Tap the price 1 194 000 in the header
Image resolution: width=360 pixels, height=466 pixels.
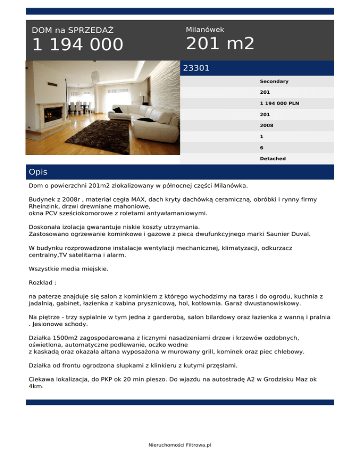click(77, 45)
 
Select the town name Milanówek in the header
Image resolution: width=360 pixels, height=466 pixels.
click(205, 30)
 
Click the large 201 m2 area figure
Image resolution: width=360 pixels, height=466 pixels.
click(220, 44)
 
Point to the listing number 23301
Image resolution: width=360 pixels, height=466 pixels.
click(196, 68)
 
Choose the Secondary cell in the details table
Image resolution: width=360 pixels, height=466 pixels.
click(274, 82)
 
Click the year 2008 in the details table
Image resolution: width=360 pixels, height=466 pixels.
click(267, 126)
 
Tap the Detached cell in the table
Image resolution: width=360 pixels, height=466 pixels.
click(273, 159)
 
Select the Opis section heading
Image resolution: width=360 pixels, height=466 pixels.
click(38, 172)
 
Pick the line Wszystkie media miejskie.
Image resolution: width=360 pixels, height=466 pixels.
click(68, 270)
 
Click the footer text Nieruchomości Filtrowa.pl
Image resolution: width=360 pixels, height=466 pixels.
click(180, 445)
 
